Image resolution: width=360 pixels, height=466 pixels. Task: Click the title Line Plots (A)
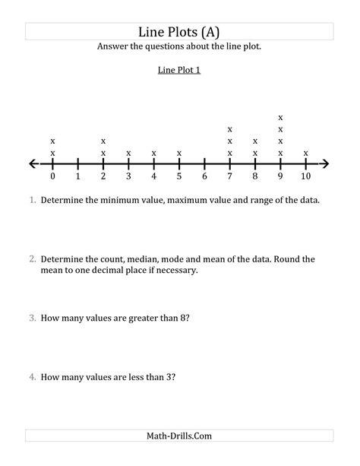tap(179, 31)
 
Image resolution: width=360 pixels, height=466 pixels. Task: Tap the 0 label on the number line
tap(52, 176)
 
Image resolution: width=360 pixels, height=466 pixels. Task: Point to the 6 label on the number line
tap(204, 176)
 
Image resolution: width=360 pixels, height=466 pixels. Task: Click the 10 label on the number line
tap(305, 176)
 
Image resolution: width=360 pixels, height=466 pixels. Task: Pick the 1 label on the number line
tap(77, 176)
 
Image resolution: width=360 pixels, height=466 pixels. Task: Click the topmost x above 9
tap(280, 118)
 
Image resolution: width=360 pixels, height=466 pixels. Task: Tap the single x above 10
tap(305, 153)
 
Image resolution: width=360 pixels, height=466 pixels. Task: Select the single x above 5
tap(179, 153)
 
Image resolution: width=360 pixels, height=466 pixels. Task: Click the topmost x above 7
tap(229, 129)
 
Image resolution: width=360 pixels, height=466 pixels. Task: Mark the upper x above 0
tap(52, 141)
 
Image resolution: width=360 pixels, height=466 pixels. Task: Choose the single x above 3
tap(128, 153)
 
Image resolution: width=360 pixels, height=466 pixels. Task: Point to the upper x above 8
tap(255, 141)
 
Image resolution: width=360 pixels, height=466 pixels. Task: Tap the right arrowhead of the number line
tap(325, 163)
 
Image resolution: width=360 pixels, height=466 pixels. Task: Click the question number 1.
tap(33, 201)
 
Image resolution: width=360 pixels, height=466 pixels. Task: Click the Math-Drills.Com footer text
tap(179, 436)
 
